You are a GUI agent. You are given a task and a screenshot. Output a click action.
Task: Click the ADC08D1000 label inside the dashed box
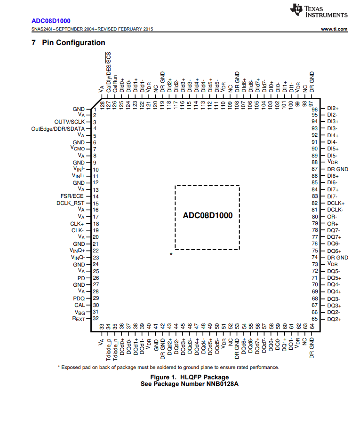coord(208,216)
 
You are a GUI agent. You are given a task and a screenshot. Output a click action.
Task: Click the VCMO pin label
coord(77,149)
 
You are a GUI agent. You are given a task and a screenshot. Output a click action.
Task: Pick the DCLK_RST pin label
coord(71,203)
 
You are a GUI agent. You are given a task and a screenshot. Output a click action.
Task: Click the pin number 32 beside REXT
coord(95,319)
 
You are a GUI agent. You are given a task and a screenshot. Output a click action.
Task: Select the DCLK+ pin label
coord(336,203)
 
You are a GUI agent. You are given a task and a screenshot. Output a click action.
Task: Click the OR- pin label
coord(332,217)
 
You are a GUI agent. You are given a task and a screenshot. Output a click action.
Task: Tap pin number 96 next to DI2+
coord(315,109)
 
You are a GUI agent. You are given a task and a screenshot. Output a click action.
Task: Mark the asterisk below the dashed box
coord(171,254)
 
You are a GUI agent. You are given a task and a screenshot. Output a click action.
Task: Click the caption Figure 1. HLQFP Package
coord(189,377)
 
